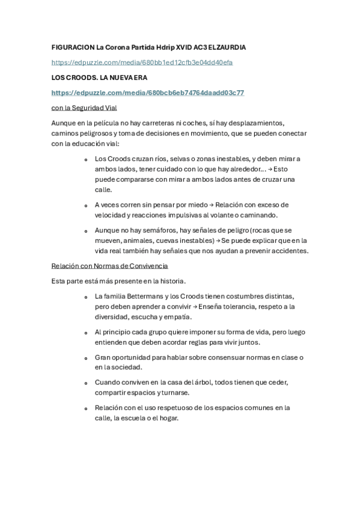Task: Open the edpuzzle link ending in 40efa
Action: coord(142,63)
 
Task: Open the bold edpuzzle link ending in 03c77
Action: coord(147,93)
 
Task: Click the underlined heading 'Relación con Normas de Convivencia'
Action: coord(109,265)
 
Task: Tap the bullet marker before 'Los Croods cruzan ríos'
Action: coord(86,159)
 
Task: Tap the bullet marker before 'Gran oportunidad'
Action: coord(86,357)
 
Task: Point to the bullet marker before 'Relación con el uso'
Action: coord(86,408)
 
